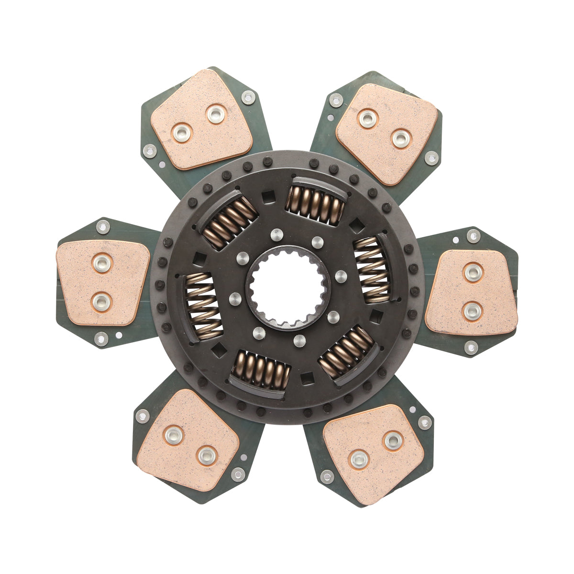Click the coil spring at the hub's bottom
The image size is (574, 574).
(x=261, y=369)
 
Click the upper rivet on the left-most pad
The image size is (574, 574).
(x=102, y=264)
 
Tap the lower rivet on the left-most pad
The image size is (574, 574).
(x=101, y=301)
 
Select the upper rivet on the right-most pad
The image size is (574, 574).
(x=473, y=273)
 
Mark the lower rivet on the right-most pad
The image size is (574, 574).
(x=472, y=311)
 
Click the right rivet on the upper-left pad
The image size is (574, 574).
(x=215, y=114)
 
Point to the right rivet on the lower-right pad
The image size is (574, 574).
(x=393, y=441)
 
